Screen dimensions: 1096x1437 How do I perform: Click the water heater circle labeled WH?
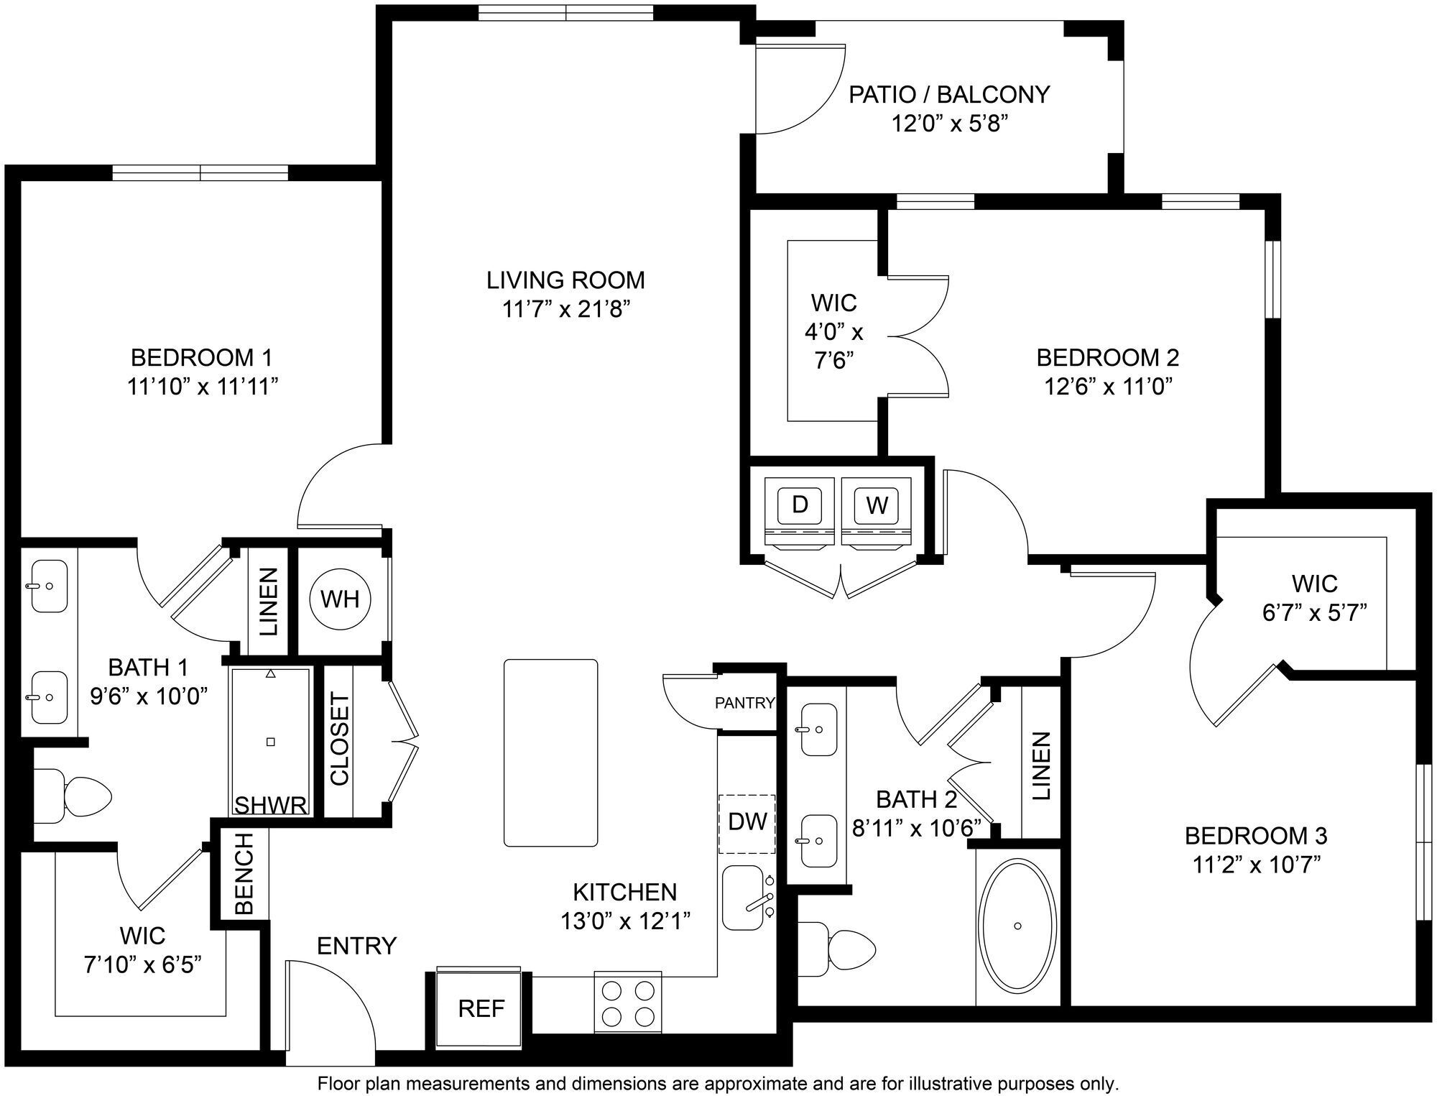[340, 599]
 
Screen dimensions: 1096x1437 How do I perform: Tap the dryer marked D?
[800, 505]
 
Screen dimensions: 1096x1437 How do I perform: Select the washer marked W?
[876, 505]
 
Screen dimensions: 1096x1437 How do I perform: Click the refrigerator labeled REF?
[481, 1008]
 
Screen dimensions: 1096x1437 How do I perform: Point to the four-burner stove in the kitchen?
[627, 1004]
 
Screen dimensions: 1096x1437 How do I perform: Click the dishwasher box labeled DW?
[747, 823]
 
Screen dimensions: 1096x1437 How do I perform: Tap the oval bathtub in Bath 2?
[1017, 925]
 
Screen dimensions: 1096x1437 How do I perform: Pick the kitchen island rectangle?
[550, 752]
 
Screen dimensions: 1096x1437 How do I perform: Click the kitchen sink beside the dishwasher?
[744, 898]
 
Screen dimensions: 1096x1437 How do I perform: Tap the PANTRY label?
[744, 703]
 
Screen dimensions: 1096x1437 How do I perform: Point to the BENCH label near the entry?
[244, 873]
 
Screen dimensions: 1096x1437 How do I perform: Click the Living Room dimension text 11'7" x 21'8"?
[565, 310]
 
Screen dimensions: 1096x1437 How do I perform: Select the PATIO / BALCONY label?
[948, 94]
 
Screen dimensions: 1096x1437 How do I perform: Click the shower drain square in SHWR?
[270, 742]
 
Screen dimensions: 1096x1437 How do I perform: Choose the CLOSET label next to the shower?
[339, 739]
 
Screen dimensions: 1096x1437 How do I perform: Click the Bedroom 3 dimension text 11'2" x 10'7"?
[1257, 865]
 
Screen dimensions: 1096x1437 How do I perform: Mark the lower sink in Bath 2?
[818, 841]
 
